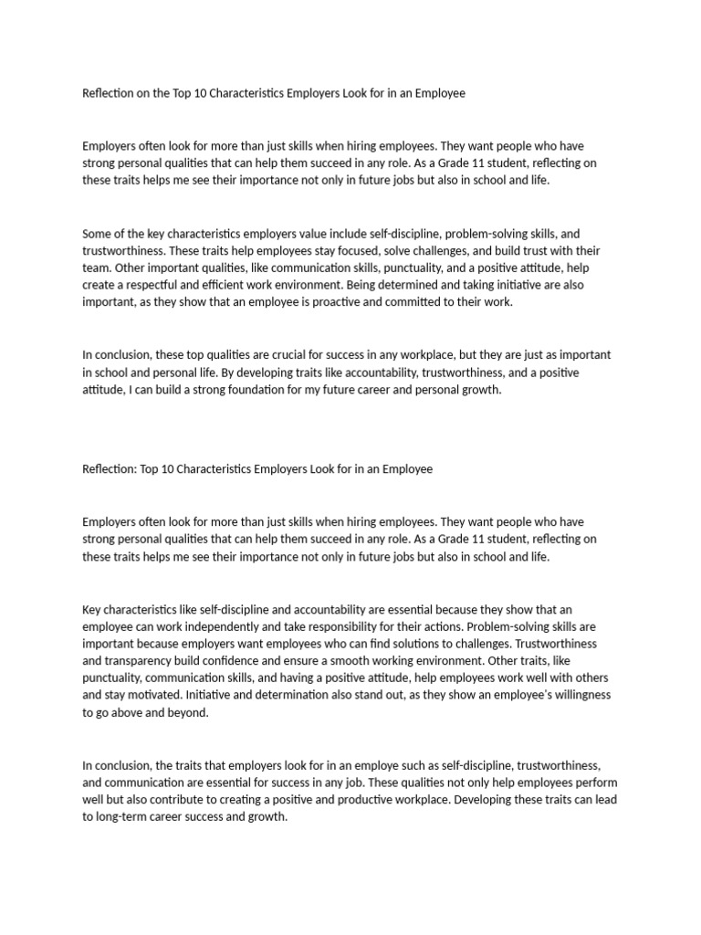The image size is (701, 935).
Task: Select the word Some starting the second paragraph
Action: pos(97,233)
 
